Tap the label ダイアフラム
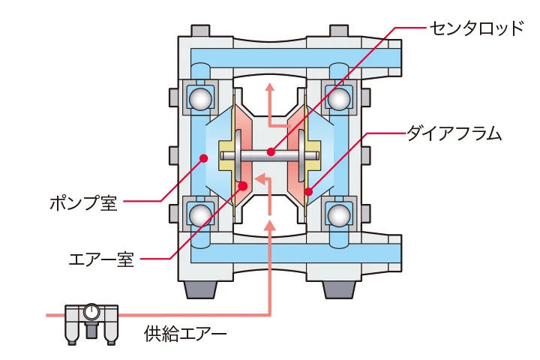coord(454,134)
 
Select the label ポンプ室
coord(83,202)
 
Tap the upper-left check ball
coord(200,97)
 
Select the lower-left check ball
coord(200,215)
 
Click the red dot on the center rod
coord(271,152)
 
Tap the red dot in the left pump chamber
coord(202,157)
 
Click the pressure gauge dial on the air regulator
coord(91,310)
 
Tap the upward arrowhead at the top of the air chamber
coord(270,89)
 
